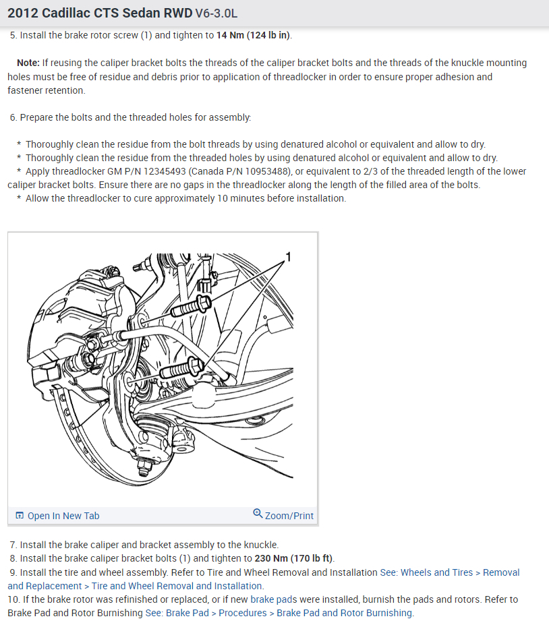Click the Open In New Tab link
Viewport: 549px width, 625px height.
click(x=63, y=516)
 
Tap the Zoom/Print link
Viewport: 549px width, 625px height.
click(x=289, y=516)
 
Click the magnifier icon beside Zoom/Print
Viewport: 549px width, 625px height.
click(x=258, y=514)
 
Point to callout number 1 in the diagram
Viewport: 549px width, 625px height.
click(x=288, y=257)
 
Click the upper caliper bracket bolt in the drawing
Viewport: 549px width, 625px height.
click(x=189, y=306)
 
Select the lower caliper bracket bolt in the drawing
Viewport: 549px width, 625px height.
click(x=182, y=368)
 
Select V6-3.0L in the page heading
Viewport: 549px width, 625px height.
click(x=216, y=13)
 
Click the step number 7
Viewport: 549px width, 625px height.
click(x=13, y=545)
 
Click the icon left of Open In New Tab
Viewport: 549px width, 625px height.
click(x=19, y=516)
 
